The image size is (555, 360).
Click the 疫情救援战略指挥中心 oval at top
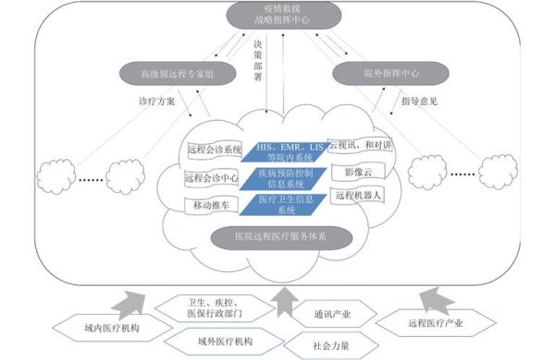(x=278, y=15)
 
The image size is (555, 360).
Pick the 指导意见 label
(x=417, y=101)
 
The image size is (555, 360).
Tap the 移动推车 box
(x=214, y=203)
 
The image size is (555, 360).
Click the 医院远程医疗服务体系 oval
(x=278, y=236)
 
